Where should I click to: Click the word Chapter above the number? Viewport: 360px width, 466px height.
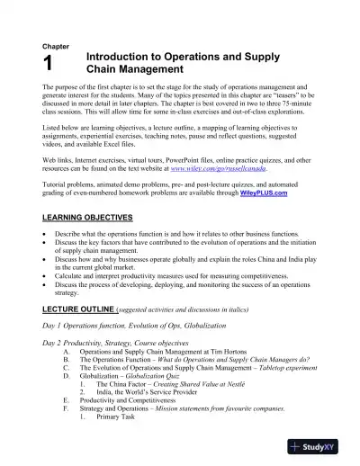(56, 46)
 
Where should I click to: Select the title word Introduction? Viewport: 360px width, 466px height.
(121, 55)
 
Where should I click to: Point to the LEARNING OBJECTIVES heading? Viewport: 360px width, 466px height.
(88, 218)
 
